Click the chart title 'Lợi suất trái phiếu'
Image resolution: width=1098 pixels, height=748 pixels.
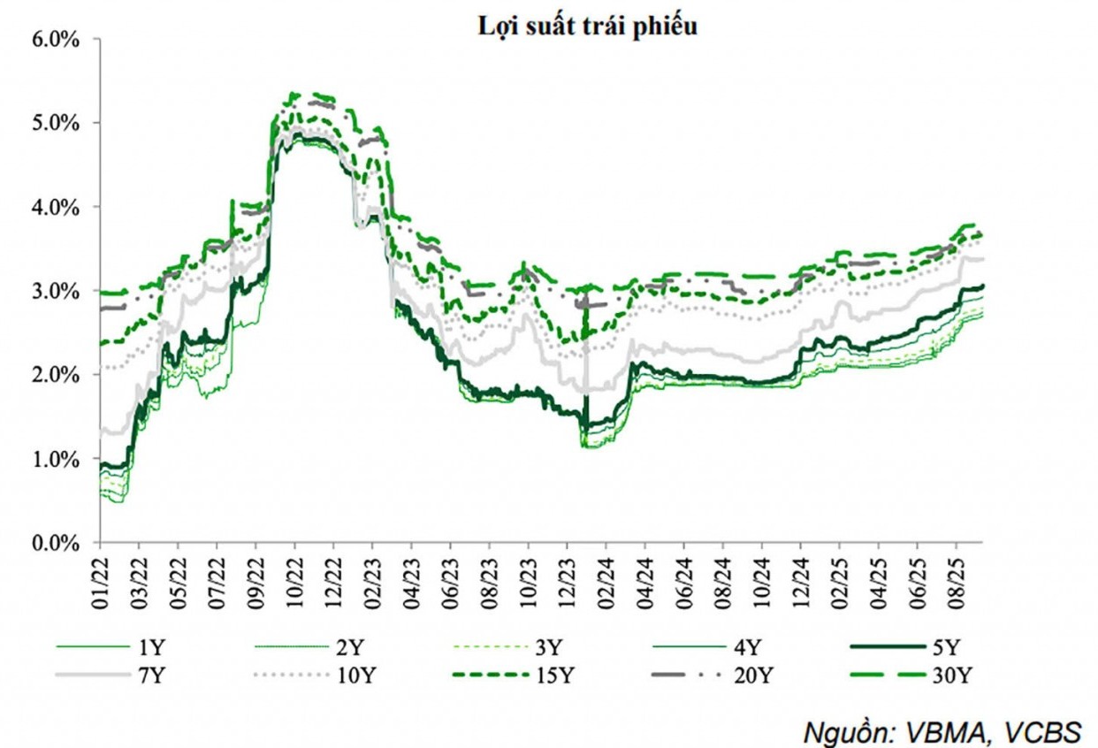coord(588,27)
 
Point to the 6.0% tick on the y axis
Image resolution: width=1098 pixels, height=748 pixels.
coord(57,40)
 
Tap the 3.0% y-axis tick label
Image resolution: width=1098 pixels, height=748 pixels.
coord(57,292)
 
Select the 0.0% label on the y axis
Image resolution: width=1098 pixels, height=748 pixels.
coord(57,544)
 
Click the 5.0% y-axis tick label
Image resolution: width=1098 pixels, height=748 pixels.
coord(57,123)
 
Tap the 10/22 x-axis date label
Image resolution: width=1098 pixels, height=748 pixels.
coord(295,576)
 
